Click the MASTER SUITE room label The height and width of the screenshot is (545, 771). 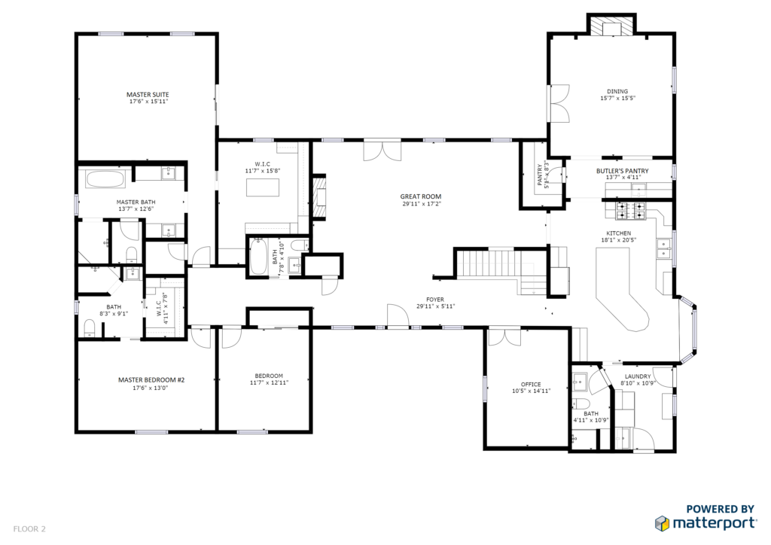[148, 94]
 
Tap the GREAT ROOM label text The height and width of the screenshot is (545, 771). [420, 196]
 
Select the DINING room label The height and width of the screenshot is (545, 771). [617, 91]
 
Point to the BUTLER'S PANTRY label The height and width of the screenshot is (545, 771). [622, 171]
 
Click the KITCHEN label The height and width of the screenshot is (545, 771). [619, 233]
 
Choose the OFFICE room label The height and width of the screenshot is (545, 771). [531, 385]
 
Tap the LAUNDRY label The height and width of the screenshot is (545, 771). [638, 376]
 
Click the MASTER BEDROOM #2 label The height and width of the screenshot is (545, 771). [151, 380]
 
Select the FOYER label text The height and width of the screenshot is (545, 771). [435, 300]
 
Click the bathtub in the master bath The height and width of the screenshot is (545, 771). [105, 179]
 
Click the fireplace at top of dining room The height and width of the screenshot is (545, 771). [611, 28]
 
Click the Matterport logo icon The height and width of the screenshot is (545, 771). [662, 523]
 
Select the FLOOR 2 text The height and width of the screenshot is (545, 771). [29, 529]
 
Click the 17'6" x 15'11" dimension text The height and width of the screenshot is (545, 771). [148, 102]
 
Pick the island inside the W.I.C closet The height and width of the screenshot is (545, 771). [263, 187]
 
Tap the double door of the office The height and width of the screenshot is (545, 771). [504, 336]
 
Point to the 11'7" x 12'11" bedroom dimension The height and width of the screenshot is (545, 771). [269, 382]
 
